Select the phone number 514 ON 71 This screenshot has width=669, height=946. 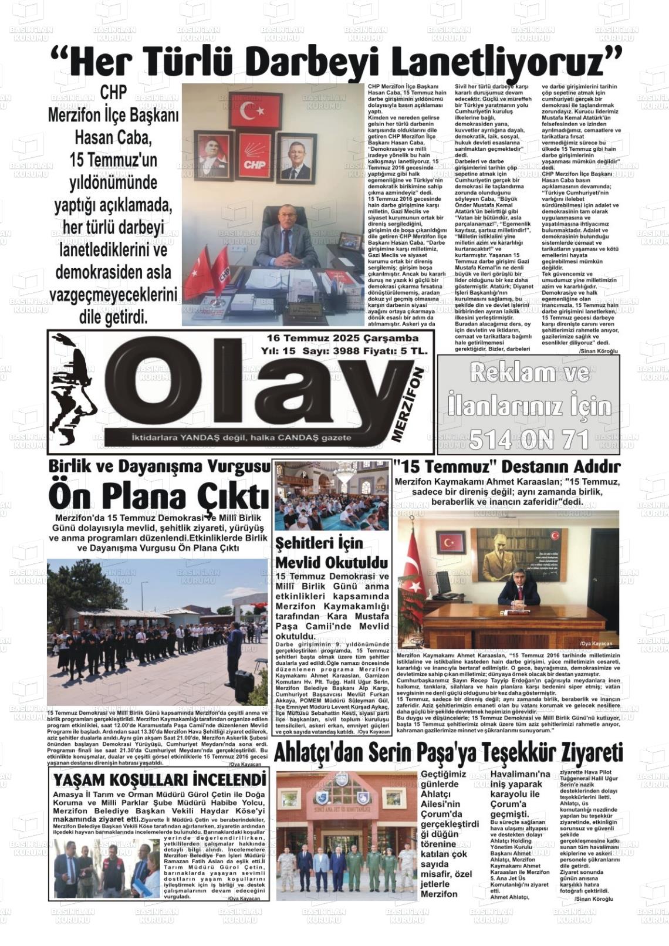(528, 439)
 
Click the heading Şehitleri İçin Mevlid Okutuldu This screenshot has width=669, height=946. (332, 552)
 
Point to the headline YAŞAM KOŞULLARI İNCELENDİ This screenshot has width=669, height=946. (159, 779)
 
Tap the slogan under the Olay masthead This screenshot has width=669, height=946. (241, 437)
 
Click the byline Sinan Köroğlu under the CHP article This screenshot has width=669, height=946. (598, 351)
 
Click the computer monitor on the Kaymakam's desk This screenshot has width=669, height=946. (442, 582)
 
